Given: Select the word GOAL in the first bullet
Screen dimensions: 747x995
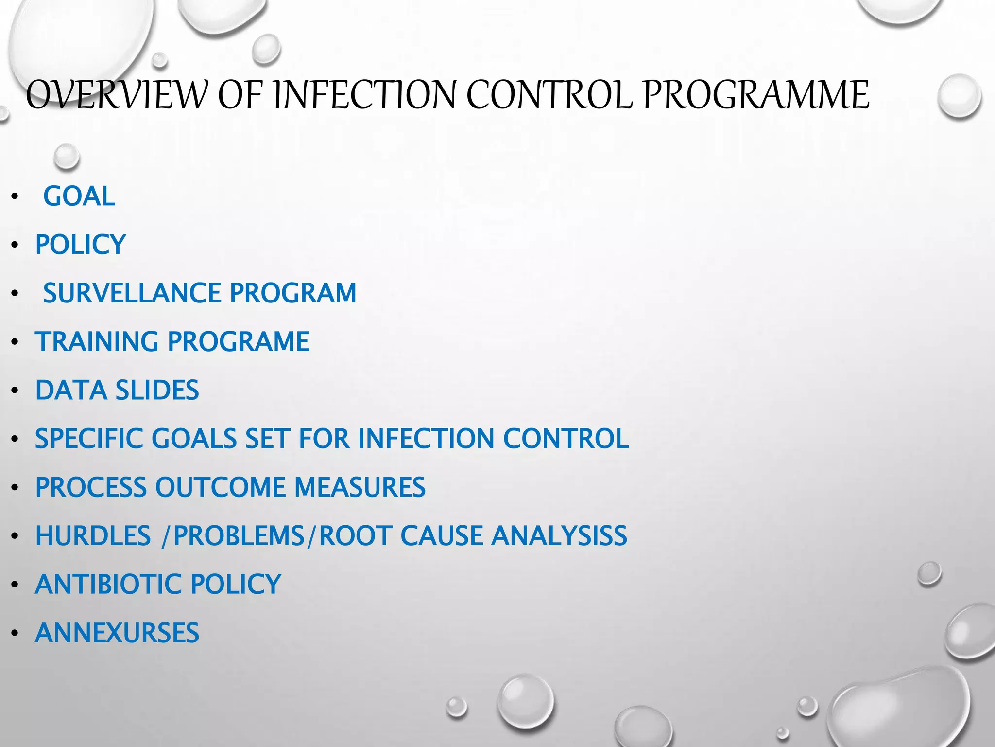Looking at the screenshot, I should tap(79, 196).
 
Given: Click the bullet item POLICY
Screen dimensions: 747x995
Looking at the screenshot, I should tap(81, 244).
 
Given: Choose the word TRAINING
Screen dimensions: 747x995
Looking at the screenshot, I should tap(97, 341).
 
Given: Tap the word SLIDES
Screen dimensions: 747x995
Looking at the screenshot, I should tap(157, 390).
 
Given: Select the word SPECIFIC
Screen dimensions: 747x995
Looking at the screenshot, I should tap(89, 439).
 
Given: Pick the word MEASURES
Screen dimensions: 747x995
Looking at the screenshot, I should tap(360, 487).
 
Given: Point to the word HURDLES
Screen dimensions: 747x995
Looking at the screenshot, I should tap(93, 536).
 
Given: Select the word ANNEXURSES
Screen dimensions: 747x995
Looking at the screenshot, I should tap(117, 633).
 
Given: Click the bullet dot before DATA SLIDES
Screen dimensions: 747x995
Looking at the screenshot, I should tap(15, 391).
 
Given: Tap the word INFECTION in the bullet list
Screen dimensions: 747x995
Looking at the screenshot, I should tap(426, 439).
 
